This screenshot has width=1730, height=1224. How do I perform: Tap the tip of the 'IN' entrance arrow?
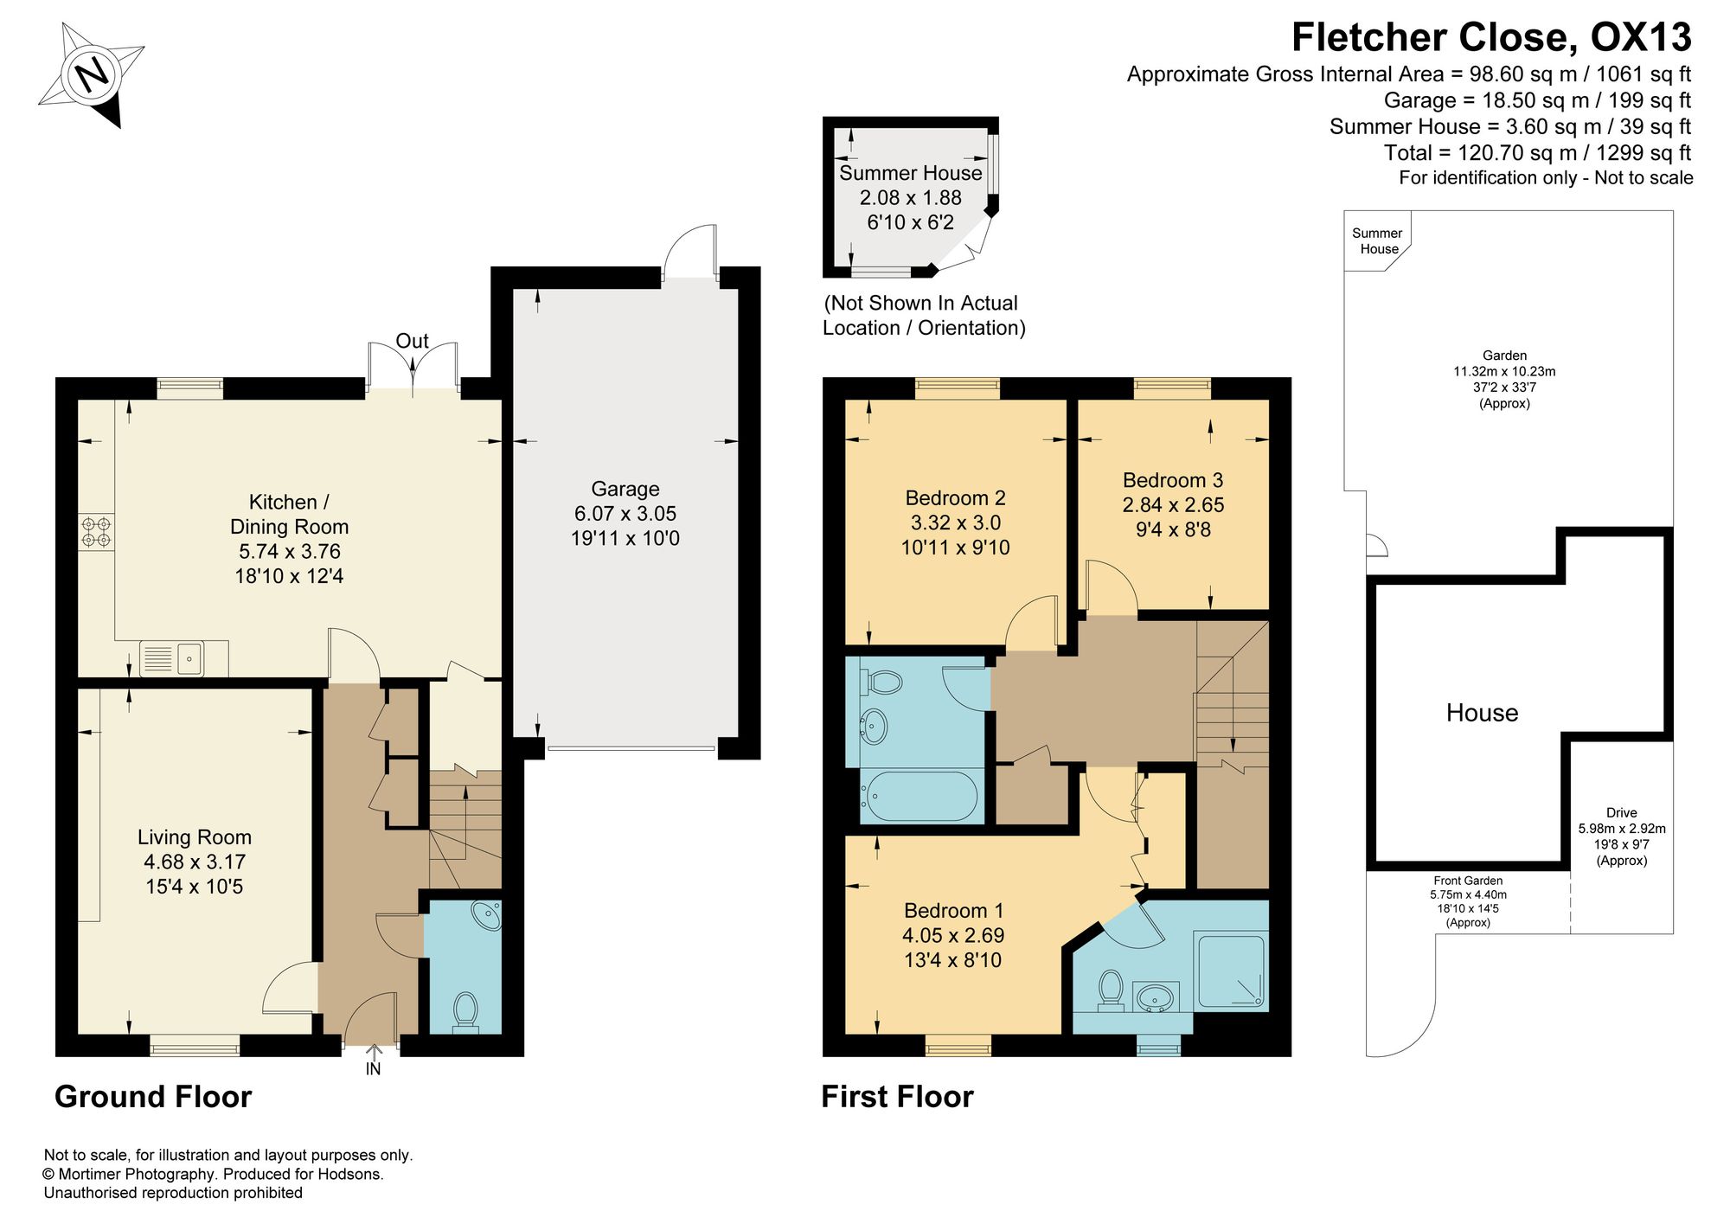coord(374,1046)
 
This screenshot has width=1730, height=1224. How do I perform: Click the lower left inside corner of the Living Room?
coord(79,1033)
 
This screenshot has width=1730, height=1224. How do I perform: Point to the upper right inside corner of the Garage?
coord(738,289)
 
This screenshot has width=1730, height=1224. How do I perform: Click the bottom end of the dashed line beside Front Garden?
coord(1571,932)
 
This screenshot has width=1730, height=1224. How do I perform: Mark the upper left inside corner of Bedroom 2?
coord(845,400)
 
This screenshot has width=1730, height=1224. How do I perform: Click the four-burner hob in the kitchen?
coord(96,532)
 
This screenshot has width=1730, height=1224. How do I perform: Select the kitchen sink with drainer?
coord(171,658)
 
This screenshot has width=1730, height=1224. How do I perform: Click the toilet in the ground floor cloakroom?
coord(465,1011)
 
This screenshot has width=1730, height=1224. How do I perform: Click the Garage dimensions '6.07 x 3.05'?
coord(625,514)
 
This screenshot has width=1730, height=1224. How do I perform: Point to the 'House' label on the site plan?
coord(1482,713)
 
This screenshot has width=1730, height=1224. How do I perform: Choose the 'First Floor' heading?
coord(897,1096)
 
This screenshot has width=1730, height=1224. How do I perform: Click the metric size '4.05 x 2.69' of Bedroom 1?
coord(953,935)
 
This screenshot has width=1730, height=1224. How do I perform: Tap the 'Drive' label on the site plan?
coord(1622,813)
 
